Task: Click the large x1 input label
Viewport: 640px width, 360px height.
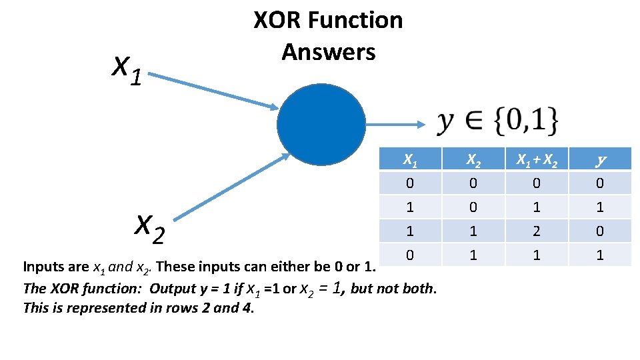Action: (x=127, y=69)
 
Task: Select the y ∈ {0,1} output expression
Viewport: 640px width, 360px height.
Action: (x=498, y=121)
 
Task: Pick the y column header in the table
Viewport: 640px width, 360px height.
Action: (x=600, y=159)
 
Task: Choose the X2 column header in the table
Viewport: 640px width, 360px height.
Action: (x=473, y=159)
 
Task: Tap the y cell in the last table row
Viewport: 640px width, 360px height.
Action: (x=600, y=255)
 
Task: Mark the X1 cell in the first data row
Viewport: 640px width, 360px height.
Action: (x=409, y=183)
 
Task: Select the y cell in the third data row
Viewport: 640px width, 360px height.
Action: (x=600, y=231)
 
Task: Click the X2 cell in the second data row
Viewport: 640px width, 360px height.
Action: (x=473, y=207)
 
